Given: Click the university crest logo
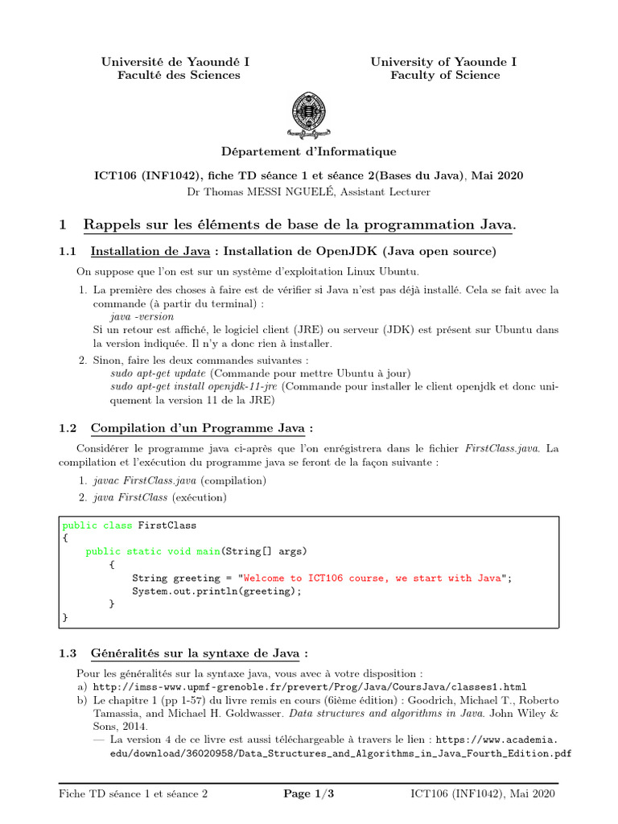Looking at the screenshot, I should point(309,116).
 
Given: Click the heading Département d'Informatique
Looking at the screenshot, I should point(309,151).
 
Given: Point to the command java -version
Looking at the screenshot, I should point(142,317).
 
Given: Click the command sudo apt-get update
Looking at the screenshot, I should point(159,373).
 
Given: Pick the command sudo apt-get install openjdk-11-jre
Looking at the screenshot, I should point(194,386).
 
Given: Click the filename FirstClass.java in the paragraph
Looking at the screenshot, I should point(504,447).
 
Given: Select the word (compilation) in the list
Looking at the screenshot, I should point(233,480).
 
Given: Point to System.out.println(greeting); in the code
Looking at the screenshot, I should point(216,591).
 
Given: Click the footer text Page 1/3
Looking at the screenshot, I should point(309,794).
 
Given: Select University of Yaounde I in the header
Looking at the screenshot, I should point(443,62).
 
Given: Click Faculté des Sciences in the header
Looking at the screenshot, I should point(179,75).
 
